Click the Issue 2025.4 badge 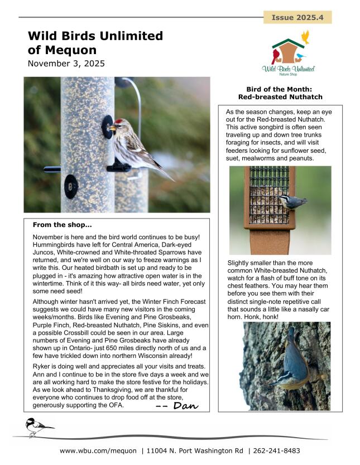pos(297,17)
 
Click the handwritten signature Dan pos(177,406)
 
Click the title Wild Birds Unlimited pos(95,36)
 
